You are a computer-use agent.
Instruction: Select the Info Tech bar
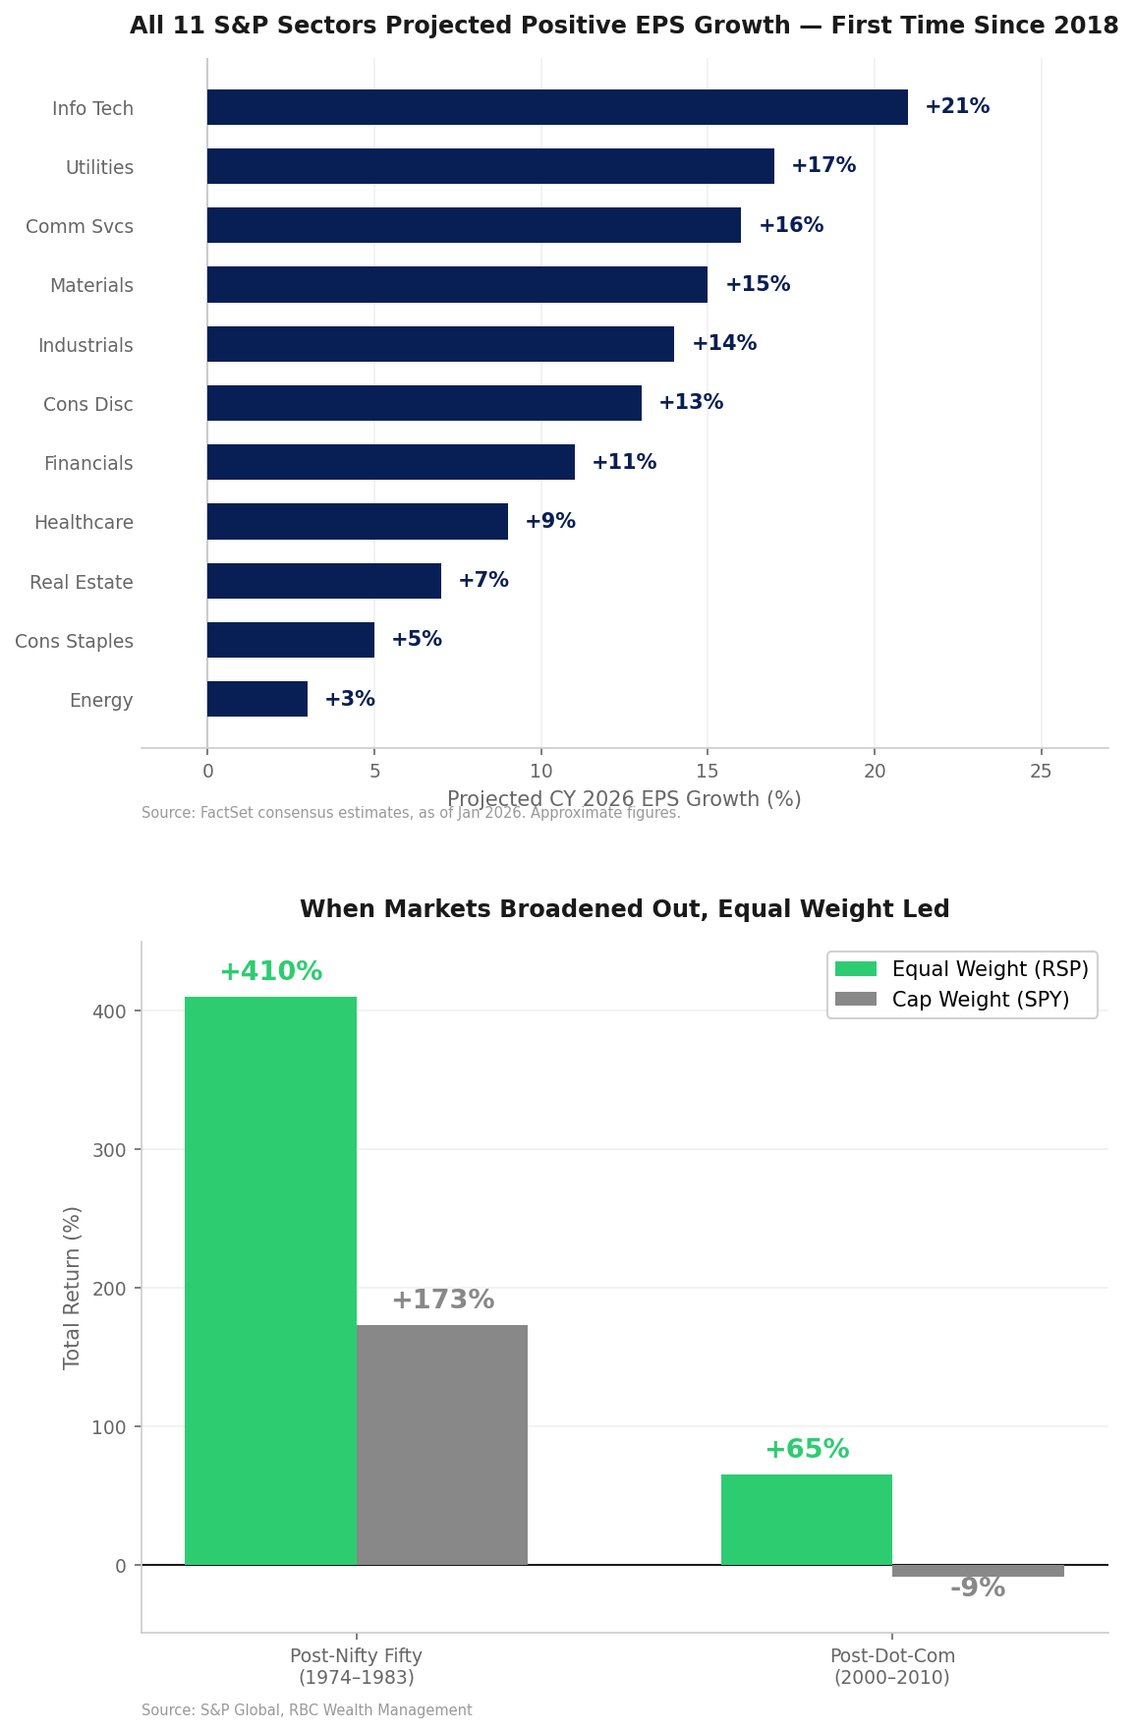pos(557,107)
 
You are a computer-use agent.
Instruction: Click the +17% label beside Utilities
pos(823,166)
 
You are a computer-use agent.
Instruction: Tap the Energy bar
pos(257,699)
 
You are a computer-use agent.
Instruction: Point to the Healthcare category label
pos(84,523)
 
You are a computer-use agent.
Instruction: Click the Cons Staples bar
pos(291,640)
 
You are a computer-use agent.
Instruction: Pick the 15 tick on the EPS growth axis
pos(708,772)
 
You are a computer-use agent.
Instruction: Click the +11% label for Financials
pos(624,462)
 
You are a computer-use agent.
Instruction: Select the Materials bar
pos(457,285)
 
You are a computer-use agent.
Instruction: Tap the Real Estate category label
pos(82,582)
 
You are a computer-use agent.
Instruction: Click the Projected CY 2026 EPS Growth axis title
pos(624,799)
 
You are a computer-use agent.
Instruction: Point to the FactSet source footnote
pos(411,813)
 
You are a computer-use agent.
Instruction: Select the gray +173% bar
pos(442,1445)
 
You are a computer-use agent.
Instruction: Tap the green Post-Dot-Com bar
pos(807,1520)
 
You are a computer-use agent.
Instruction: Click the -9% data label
pos(978,1589)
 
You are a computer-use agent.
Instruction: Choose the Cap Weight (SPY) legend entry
pos(980,1000)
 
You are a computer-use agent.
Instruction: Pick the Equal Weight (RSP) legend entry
pos(990,969)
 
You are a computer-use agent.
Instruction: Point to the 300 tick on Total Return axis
pos(116,1150)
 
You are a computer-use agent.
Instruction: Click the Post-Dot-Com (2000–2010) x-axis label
pos(892,1666)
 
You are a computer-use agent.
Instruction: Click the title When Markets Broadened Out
pos(624,909)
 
